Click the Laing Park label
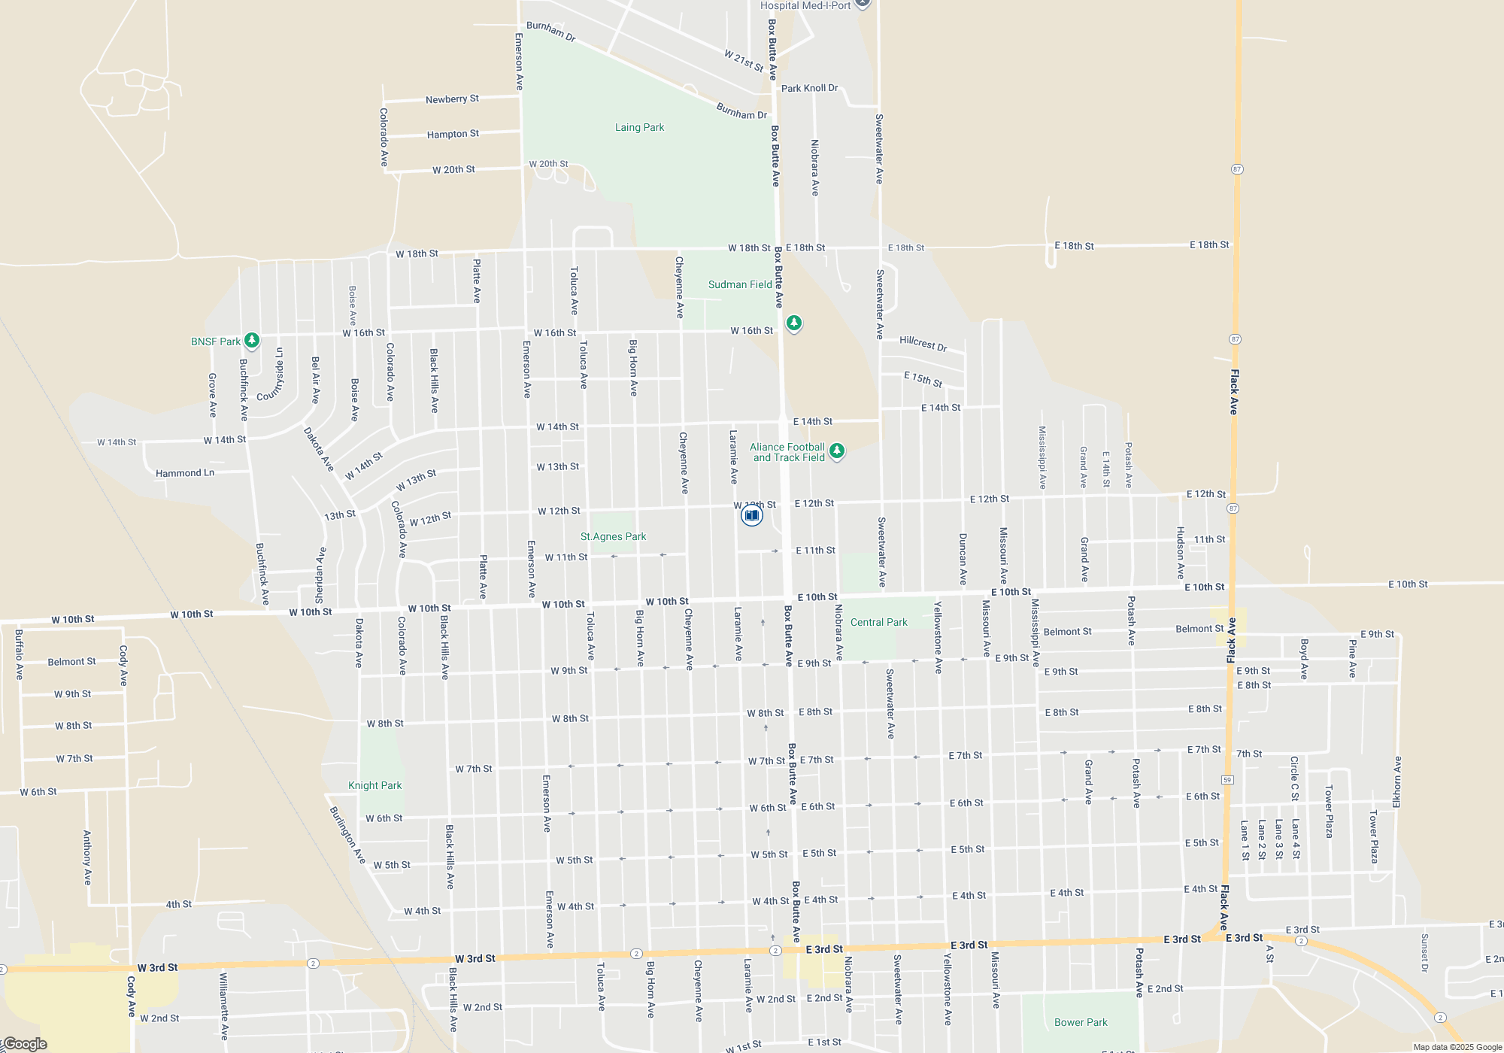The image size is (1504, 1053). [x=639, y=128]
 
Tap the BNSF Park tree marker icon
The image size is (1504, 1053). [x=252, y=341]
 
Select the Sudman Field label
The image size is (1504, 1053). [x=740, y=285]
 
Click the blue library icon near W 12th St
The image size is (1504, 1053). [x=751, y=515]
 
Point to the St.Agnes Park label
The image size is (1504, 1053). [x=613, y=537]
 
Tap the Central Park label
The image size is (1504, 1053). [x=878, y=623]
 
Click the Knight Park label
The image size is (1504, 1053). [x=374, y=786]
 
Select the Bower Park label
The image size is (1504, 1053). [x=1081, y=1023]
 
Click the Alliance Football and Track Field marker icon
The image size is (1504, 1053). [x=836, y=451]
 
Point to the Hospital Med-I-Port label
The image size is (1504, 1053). [x=805, y=6]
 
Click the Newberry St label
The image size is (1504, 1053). [x=452, y=99]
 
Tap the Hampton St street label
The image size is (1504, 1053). [x=453, y=135]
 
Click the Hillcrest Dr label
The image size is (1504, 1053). [x=923, y=344]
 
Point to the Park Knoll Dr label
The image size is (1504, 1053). [x=809, y=89]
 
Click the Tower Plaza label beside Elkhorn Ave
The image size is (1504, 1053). [x=1373, y=836]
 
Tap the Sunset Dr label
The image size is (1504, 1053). [x=1424, y=953]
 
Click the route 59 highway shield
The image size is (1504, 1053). [x=1227, y=779]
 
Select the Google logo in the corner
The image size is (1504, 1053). [x=25, y=1044]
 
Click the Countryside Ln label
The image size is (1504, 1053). [x=271, y=375]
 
